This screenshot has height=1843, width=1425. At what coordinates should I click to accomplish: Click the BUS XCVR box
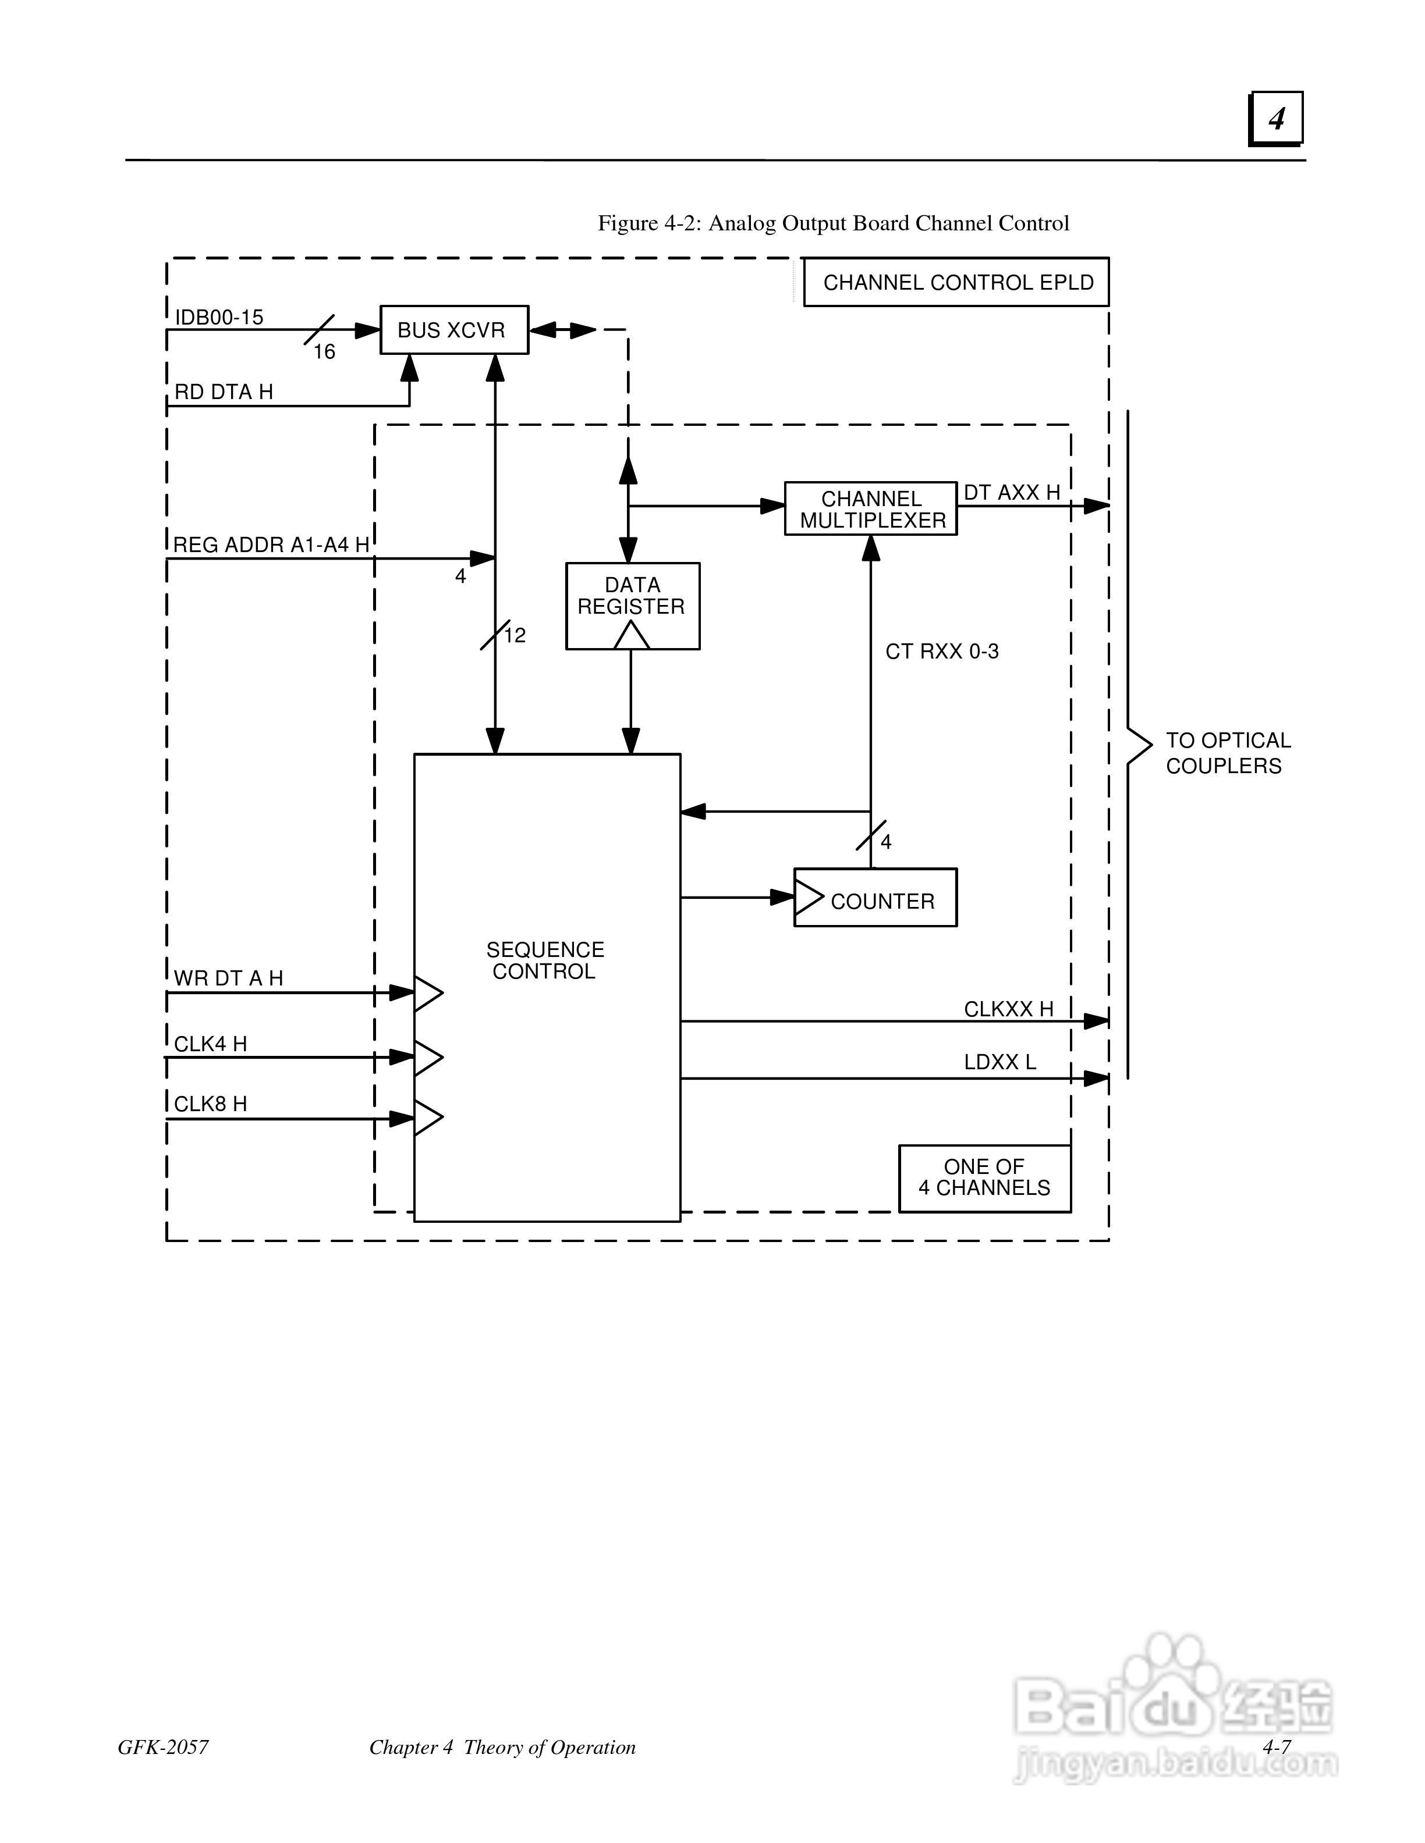click(x=454, y=330)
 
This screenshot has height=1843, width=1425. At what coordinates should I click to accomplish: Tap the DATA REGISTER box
click(x=632, y=606)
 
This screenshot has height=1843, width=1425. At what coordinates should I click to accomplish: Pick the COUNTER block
click(x=875, y=898)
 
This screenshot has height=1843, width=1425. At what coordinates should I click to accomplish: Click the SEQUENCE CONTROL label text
click(x=545, y=960)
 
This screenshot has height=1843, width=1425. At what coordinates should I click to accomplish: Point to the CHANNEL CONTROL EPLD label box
click(x=956, y=282)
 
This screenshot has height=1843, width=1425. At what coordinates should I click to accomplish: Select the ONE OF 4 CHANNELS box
click(x=985, y=1178)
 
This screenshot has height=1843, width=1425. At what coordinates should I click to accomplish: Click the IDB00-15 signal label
click(x=219, y=317)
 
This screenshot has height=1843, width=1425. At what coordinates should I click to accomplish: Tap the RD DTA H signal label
click(x=224, y=392)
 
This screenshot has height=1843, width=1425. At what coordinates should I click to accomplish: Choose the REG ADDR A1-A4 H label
click(x=271, y=545)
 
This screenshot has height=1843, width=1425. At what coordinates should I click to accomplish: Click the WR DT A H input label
click(x=228, y=978)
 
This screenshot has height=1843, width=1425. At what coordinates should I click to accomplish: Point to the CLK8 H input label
click(x=210, y=1104)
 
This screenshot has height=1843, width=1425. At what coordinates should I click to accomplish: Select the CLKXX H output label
click(x=1009, y=1009)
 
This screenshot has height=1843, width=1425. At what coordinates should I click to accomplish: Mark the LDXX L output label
click(x=999, y=1062)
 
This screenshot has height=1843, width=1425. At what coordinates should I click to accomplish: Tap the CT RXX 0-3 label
click(x=942, y=652)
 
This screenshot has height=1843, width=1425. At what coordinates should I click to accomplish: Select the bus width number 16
click(x=324, y=352)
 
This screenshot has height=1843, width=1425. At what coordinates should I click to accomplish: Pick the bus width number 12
click(x=515, y=635)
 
